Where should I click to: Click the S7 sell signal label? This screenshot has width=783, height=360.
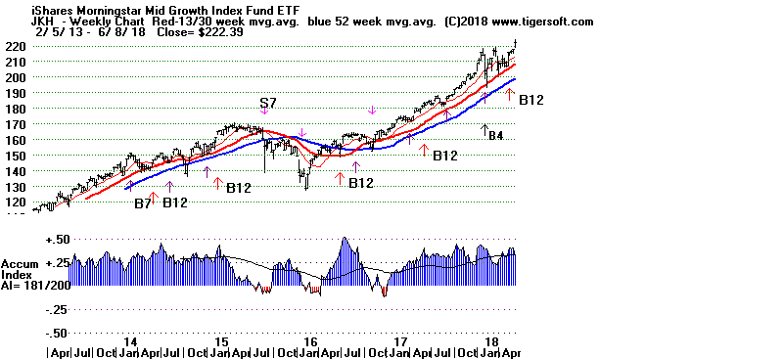[268, 104]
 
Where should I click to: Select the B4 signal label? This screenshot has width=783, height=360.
[496, 135]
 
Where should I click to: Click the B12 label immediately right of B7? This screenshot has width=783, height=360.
[176, 202]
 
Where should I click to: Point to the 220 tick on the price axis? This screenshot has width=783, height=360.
[15, 46]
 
